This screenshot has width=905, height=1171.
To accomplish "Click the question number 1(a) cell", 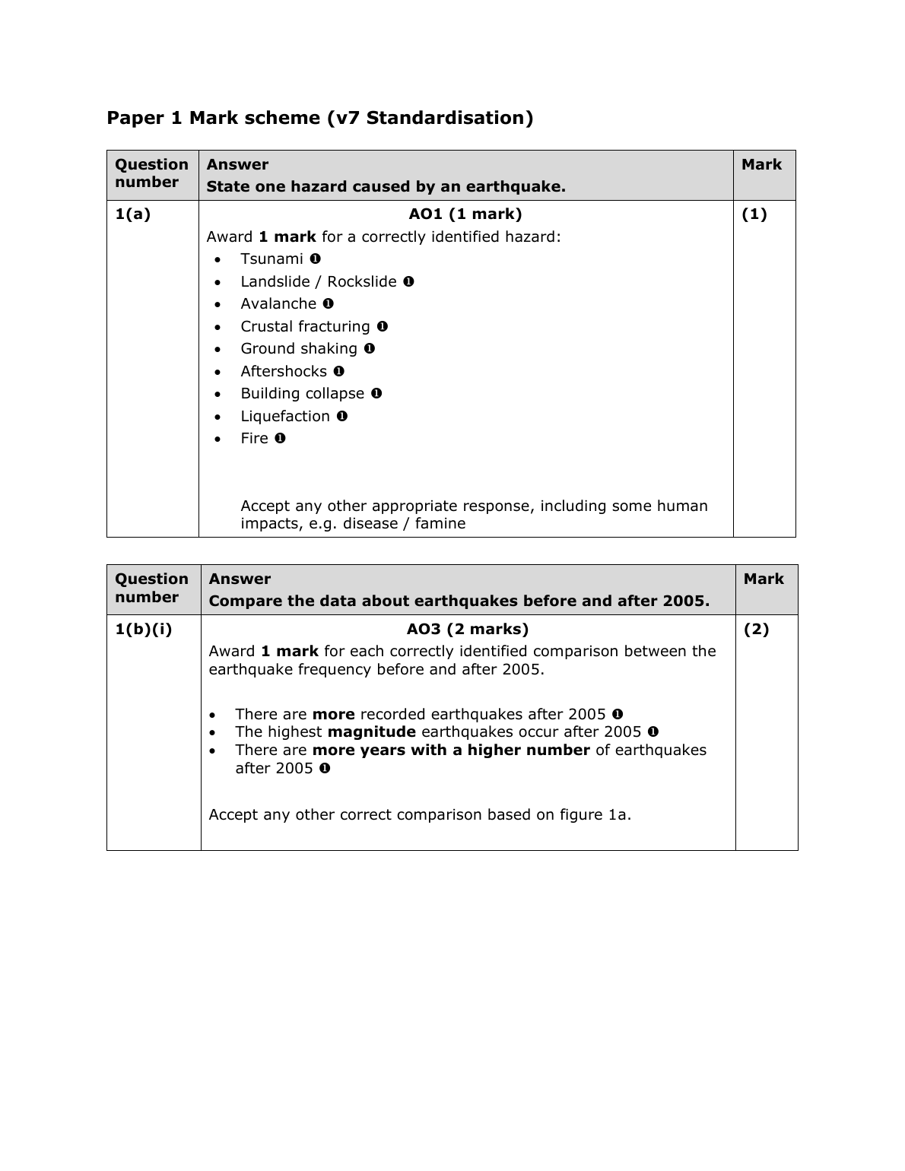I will click(x=132, y=214).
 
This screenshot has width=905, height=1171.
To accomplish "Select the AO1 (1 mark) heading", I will click(x=465, y=214).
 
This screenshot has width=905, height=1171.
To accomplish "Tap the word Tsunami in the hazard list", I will click(x=271, y=259).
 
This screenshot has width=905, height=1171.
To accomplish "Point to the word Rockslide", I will click(x=362, y=282).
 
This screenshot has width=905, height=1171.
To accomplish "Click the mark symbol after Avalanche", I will click(x=329, y=303).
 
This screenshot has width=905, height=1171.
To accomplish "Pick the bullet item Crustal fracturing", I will click(x=305, y=327).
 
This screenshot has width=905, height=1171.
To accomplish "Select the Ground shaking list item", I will click(x=299, y=349).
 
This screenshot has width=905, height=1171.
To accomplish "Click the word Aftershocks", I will click(x=284, y=372).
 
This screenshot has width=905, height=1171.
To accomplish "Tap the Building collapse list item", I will click(x=303, y=394).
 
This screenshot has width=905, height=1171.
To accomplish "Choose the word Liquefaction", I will click(x=285, y=417).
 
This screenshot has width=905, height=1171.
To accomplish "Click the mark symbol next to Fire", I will click(x=281, y=438).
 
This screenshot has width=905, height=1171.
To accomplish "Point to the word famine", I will click(x=440, y=524).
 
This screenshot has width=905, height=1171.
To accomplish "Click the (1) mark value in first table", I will click(x=754, y=214).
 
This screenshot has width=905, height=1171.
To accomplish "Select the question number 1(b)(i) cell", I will click(x=144, y=630).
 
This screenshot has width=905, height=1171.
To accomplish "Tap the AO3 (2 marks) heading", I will click(x=468, y=630).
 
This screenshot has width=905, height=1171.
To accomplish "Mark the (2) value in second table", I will click(x=757, y=630).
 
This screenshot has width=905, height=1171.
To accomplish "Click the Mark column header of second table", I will click(x=764, y=579).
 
